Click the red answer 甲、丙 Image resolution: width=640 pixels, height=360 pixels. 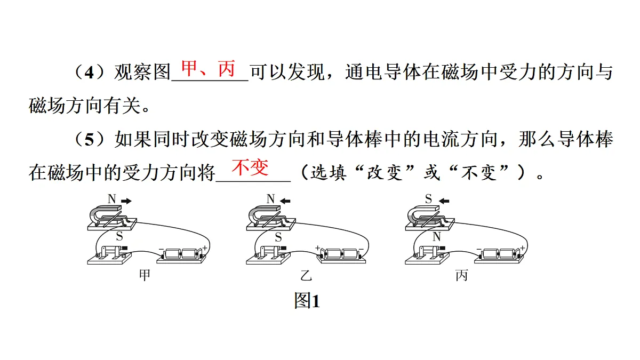point(209,69)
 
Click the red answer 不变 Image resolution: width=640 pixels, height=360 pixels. point(250,167)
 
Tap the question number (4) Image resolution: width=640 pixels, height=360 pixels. point(89,73)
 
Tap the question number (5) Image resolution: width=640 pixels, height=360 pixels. point(89,139)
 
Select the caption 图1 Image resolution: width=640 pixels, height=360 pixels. point(307,301)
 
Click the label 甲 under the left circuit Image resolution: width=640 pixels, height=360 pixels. point(145,275)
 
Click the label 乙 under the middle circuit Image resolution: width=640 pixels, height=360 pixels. point(306,276)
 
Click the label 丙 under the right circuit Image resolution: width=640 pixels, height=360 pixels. point(462,275)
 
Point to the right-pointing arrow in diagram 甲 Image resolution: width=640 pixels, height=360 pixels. point(126,201)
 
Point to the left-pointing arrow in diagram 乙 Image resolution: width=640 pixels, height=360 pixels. point(285,201)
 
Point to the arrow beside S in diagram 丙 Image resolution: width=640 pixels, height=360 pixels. point(444,201)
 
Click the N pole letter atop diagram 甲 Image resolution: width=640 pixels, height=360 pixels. point(111,199)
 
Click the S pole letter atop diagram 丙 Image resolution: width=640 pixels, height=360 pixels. point(428,199)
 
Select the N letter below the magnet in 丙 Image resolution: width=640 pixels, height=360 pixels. point(437,237)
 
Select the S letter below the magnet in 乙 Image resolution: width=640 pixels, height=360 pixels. point(278,237)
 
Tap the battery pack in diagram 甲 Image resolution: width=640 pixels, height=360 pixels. point(181,255)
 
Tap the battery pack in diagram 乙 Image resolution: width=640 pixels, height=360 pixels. point(341,255)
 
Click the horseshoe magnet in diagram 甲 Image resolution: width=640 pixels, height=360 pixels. point(105,215)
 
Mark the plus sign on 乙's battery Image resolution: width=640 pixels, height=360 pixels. point(317,247)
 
